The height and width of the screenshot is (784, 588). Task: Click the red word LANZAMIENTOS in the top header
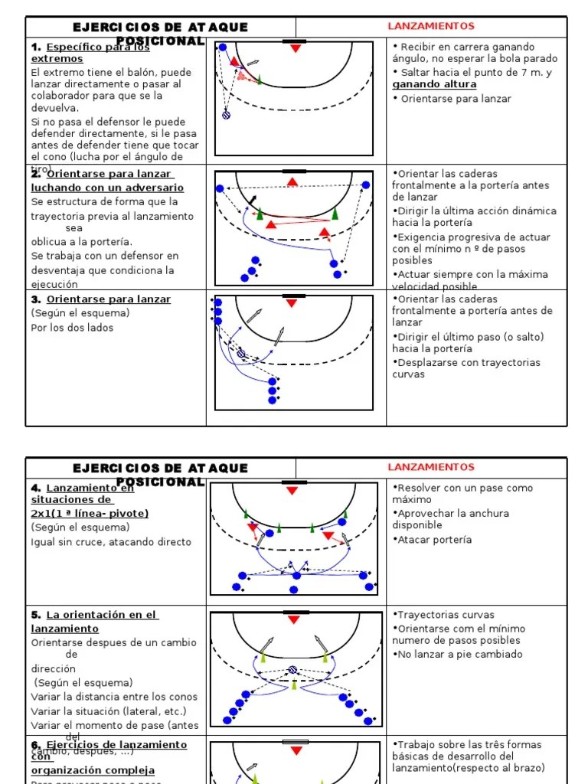[431, 26]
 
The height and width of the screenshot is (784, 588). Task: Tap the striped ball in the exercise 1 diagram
[226, 115]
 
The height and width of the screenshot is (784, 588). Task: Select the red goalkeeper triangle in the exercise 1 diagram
[296, 48]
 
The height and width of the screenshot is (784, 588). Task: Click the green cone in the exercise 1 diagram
[260, 78]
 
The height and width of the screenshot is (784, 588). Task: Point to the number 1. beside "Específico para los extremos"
[35, 47]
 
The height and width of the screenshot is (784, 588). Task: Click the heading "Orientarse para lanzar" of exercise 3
[109, 299]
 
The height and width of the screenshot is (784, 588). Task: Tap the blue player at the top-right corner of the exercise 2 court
[366, 185]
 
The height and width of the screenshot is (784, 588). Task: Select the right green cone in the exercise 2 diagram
[335, 213]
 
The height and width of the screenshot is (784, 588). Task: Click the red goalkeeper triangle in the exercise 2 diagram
[292, 182]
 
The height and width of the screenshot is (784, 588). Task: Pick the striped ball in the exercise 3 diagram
[241, 354]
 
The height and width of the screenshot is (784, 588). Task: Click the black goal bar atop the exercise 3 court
[294, 296]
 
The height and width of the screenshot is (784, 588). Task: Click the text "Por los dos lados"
[72, 328]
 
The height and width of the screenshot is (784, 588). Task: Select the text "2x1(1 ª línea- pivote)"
[90, 513]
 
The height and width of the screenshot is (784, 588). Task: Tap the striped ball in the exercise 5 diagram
[292, 669]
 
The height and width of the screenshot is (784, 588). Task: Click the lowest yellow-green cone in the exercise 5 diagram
[294, 684]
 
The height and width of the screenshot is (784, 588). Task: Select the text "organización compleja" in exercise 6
[93, 770]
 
